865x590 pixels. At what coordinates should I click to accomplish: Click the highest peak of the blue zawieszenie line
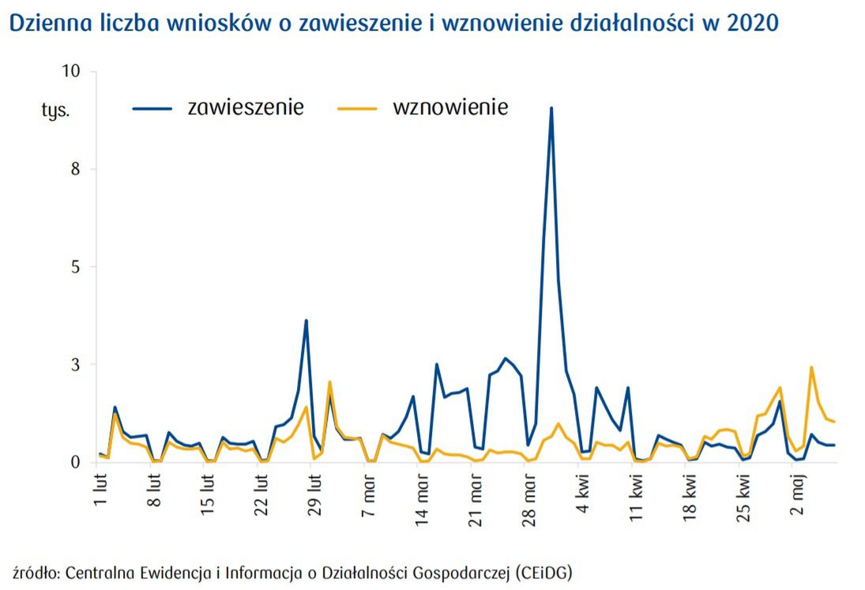pyautogui.click(x=551, y=108)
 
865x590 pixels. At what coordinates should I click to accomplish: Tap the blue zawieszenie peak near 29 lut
pyautogui.click(x=306, y=321)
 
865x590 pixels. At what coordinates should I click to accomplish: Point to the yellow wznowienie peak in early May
pyautogui.click(x=811, y=367)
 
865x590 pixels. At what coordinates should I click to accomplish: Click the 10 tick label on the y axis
pyautogui.click(x=72, y=72)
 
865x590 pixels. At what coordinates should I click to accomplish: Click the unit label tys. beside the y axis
pyautogui.click(x=55, y=110)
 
